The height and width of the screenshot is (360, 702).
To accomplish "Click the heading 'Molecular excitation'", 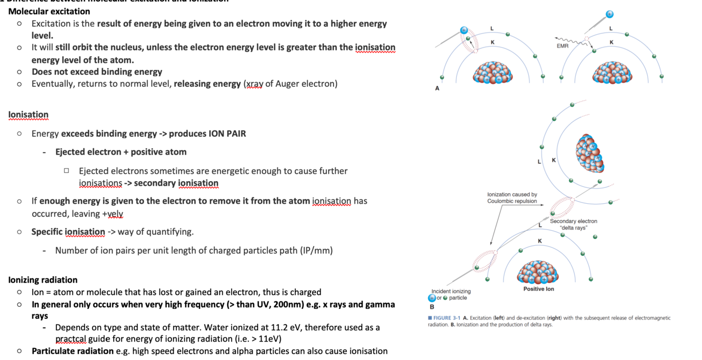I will click(x=49, y=11).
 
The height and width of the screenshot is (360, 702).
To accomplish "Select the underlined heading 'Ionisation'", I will click(x=28, y=115).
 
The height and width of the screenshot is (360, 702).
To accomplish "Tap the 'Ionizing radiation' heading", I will click(x=43, y=280).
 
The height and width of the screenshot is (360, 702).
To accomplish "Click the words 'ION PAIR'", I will click(x=227, y=134).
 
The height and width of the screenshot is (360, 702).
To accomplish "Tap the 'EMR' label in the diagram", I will click(x=563, y=46).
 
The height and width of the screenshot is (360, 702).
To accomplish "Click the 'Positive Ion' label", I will click(x=538, y=289).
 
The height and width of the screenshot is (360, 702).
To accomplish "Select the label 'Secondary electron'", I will click(x=574, y=221).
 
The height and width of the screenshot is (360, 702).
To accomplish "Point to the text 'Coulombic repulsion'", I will click(x=512, y=201).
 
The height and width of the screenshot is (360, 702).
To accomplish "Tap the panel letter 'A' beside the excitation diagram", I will click(x=437, y=88).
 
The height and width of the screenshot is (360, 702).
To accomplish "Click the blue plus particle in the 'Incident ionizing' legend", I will click(x=432, y=298).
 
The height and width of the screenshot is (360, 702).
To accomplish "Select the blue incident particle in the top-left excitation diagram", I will click(x=464, y=31).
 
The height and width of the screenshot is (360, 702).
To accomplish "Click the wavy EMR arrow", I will click(x=568, y=40).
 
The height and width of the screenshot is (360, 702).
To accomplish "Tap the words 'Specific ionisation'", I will click(x=68, y=232).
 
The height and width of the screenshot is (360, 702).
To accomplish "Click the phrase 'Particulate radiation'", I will click(x=73, y=351).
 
